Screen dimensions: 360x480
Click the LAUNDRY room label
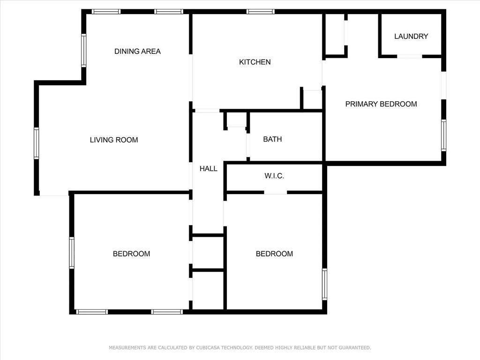tap(411, 36)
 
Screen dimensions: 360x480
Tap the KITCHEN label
tap(255, 62)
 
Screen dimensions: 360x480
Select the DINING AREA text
tap(137, 51)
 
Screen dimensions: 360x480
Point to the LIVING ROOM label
tap(114, 140)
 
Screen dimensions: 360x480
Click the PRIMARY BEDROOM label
tap(381, 104)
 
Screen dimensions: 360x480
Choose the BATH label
tap(272, 139)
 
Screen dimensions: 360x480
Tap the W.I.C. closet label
tap(274, 176)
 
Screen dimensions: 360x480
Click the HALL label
tap(209, 169)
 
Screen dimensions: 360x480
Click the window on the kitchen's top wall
tap(261, 12)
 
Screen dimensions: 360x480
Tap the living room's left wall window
tap(37, 143)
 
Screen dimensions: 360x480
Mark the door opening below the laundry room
tap(410, 56)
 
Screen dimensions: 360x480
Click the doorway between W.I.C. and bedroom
tap(276, 192)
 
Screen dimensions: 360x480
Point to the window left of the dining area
tap(84, 50)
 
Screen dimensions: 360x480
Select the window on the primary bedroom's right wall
tap(443, 135)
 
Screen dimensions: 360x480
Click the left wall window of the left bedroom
tap(72, 253)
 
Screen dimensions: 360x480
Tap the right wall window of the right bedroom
tap(324, 284)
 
